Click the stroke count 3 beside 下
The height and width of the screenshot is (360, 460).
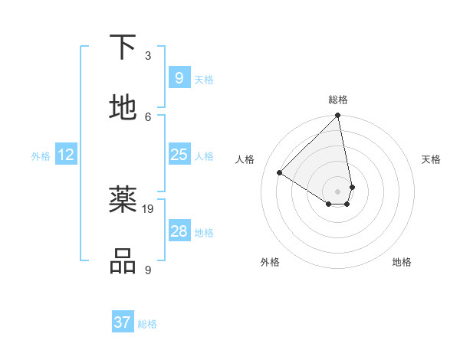[x=148, y=55]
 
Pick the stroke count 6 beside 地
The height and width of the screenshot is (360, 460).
[x=148, y=116]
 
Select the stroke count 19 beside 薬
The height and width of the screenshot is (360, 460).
[x=149, y=208]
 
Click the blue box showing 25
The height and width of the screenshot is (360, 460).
[x=179, y=155]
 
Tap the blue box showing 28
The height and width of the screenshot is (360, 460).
[x=179, y=231]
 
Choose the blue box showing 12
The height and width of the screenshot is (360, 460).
[x=65, y=155]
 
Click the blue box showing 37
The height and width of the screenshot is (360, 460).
[x=122, y=322]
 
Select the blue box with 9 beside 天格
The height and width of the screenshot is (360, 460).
[x=179, y=78]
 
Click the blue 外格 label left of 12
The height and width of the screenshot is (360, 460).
[x=41, y=156]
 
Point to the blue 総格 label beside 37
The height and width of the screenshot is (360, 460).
[x=147, y=324]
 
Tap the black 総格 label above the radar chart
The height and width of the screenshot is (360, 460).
[x=337, y=100]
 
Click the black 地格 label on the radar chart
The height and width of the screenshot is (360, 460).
[x=402, y=262]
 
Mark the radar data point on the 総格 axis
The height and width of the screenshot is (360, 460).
[x=337, y=116]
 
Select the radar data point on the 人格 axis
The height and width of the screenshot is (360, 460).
[x=280, y=173]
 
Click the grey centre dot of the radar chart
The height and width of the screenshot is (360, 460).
[x=337, y=191]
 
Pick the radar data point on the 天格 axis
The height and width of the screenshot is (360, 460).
[x=352, y=187]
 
